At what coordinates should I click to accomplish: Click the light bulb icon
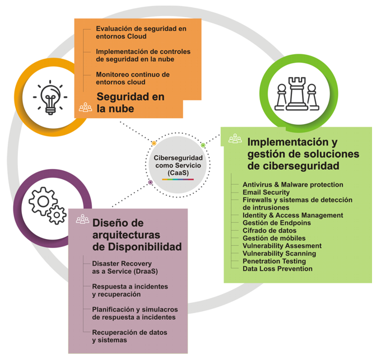point(50,97)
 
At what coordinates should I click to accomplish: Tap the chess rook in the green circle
point(297,93)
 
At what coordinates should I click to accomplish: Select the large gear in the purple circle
point(43,201)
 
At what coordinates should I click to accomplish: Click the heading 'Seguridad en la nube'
point(131,102)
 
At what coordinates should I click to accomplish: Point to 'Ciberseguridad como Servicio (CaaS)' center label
point(178,165)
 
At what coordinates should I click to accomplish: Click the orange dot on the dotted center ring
point(154,143)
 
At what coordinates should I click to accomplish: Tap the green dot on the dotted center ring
point(203,145)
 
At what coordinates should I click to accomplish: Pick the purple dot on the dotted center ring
point(150,183)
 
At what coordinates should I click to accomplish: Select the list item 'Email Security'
point(266,192)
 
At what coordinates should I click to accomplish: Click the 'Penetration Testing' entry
point(274,261)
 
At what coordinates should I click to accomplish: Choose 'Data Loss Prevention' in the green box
point(277,269)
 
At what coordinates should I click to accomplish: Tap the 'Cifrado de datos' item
point(270,230)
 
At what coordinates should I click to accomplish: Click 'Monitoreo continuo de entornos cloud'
point(133,78)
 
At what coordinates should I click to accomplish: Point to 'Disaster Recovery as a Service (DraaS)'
point(125,267)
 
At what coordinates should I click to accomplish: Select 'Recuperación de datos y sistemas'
point(129,336)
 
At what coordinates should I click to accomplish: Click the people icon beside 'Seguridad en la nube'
point(86,107)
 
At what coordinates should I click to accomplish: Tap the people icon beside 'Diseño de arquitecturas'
point(82,219)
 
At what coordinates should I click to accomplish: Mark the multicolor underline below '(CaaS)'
point(178,179)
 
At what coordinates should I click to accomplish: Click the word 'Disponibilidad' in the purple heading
point(145,247)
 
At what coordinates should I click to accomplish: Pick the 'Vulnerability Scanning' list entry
point(279,254)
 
